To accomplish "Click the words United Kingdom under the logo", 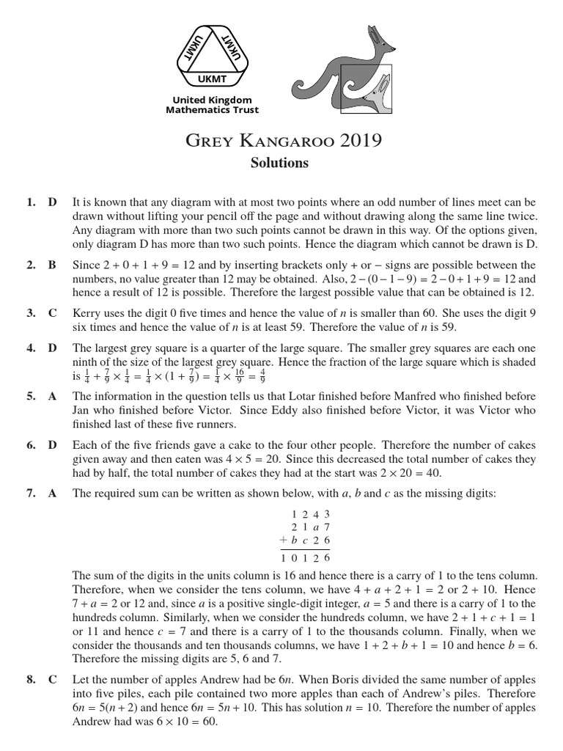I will pos(212,100).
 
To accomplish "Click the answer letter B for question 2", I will pos(53,265).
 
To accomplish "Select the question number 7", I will pos(31,494).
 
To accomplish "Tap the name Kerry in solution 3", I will pos(86,313).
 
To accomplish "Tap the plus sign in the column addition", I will pos(276,541).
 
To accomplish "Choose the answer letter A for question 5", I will pos(53,396).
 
